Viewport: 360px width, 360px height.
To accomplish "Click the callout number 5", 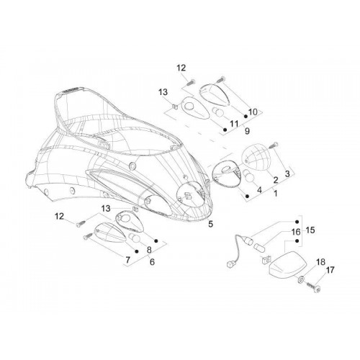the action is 210,224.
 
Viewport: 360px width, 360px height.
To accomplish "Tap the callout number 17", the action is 330,270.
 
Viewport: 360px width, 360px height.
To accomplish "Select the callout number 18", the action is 321,262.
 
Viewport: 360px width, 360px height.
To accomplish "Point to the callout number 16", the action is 296,232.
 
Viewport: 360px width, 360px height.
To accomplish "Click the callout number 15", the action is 310,230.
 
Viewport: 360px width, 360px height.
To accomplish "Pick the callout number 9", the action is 247,131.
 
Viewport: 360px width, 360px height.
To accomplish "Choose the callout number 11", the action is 234,124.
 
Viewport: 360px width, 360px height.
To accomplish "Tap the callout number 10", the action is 253,112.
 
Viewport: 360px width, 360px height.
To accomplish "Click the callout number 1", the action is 276,193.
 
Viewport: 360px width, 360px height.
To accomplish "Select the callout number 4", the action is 259,190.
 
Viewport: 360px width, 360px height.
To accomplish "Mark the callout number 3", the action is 287,174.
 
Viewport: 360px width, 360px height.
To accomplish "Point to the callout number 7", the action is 127,260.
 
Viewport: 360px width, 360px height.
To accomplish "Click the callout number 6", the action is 152,262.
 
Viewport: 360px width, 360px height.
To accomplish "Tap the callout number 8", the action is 149,250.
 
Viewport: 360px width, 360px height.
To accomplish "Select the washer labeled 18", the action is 302,279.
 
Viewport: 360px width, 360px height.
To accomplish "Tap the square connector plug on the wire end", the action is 230,264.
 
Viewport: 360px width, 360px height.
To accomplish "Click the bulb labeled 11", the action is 218,112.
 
